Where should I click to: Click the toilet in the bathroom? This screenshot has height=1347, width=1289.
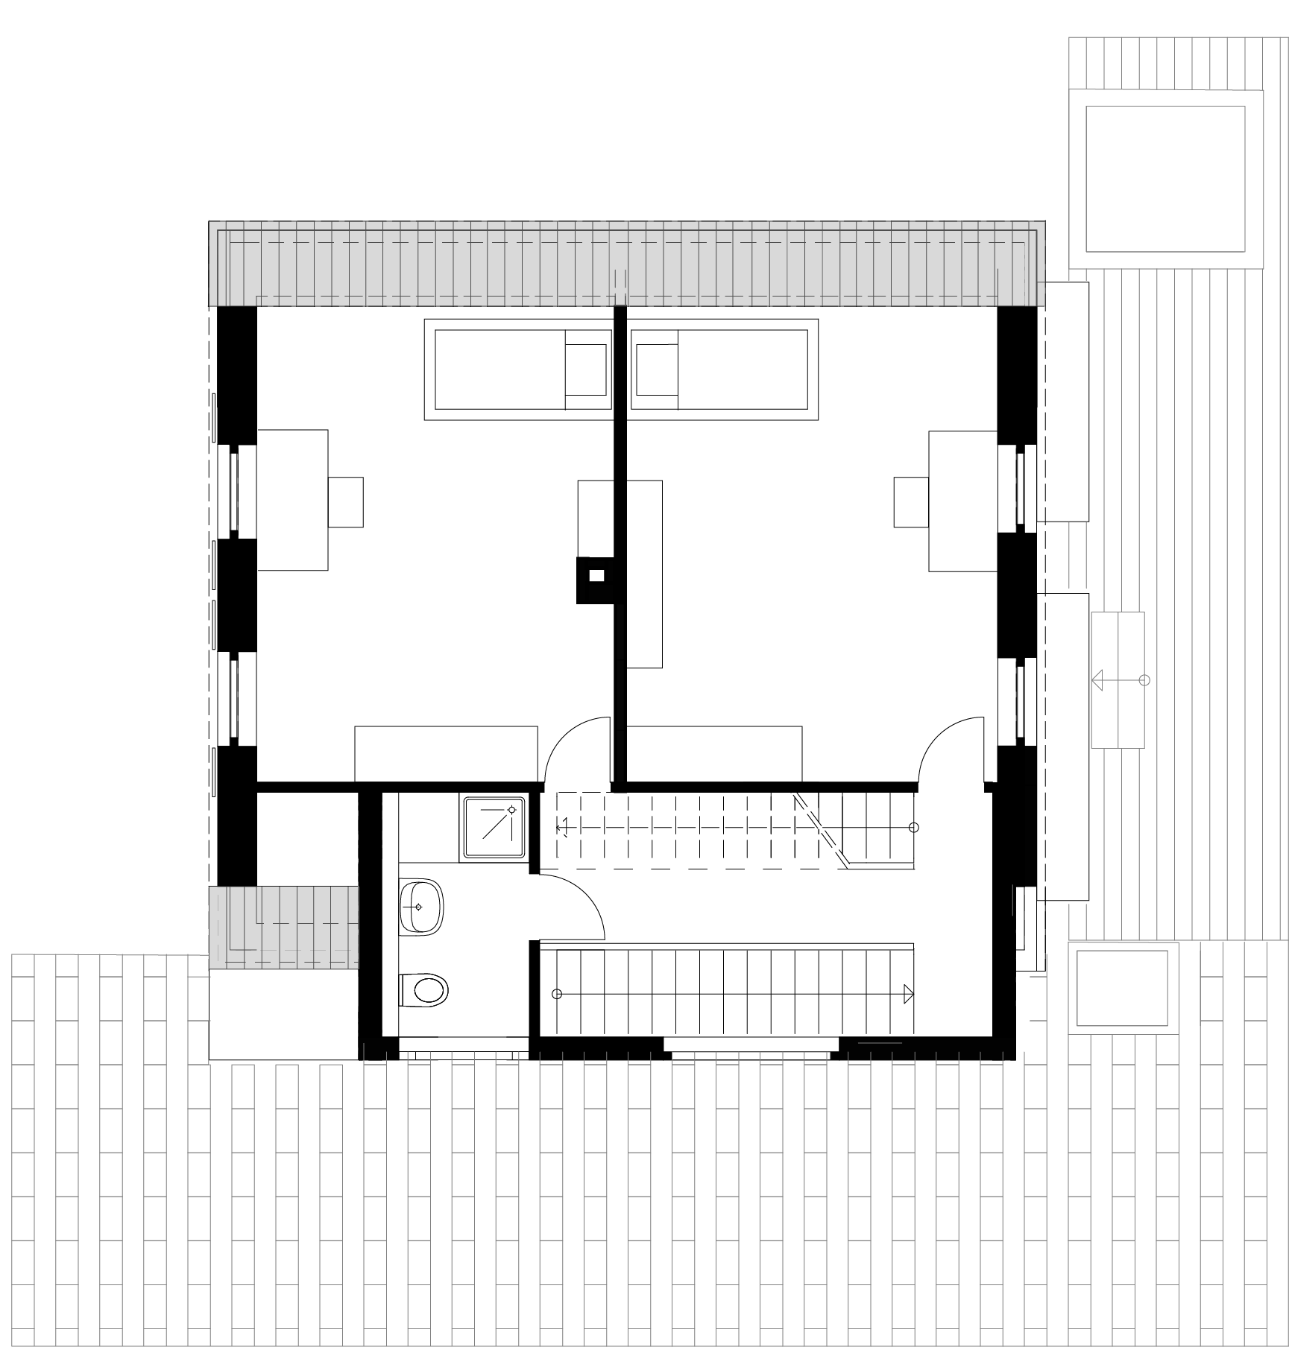click(x=425, y=990)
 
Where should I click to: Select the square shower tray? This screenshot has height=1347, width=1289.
click(x=494, y=827)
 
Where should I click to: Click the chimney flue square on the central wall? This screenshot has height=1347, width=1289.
click(x=596, y=575)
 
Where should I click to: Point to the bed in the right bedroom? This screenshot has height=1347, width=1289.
click(x=720, y=370)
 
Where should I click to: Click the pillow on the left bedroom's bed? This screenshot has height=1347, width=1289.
click(x=586, y=370)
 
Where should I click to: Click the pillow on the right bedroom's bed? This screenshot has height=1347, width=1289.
click(x=657, y=370)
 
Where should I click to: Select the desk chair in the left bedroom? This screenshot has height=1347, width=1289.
click(x=345, y=503)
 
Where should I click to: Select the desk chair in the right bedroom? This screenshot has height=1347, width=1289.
click(x=911, y=503)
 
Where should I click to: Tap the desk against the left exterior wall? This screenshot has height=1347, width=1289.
click(x=292, y=501)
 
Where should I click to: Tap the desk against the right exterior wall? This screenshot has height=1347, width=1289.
click(x=962, y=501)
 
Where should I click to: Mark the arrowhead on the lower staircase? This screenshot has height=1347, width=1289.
click(x=908, y=994)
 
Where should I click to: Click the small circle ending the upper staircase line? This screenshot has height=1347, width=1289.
click(x=914, y=828)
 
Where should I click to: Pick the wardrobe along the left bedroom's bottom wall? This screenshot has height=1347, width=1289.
click(x=446, y=754)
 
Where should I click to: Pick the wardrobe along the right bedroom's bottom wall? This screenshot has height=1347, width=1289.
click(x=713, y=754)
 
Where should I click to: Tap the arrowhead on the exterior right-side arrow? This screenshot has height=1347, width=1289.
click(x=1097, y=680)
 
